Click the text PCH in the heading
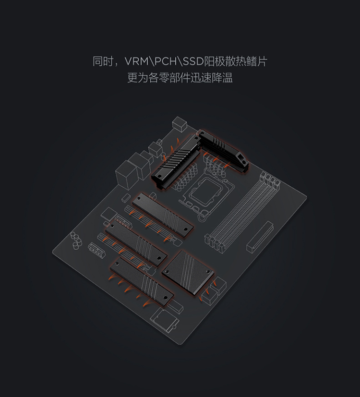(166, 62)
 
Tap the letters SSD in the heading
(193, 62)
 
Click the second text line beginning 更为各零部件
(180, 78)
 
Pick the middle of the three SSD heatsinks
(137, 242)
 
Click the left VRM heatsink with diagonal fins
(175, 160)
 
